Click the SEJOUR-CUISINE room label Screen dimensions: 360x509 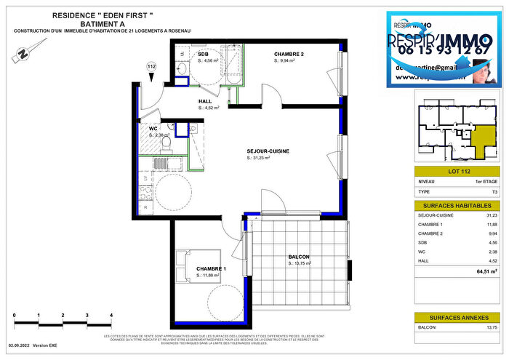[268, 151]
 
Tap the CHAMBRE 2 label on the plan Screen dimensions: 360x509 [289, 55]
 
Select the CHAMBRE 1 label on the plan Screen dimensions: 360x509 [211, 268]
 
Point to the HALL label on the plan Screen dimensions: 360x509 [206, 101]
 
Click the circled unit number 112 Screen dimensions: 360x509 [152, 67]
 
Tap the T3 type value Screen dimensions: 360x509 [495, 192]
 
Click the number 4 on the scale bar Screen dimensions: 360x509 [111, 316]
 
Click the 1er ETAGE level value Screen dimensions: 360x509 [486, 182]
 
